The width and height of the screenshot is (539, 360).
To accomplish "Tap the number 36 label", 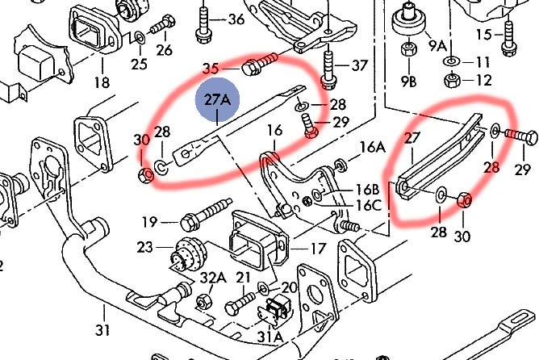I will tap(236, 19).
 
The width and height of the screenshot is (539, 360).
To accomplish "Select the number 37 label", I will tap(359, 65).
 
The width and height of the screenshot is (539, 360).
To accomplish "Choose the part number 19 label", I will tap(149, 221).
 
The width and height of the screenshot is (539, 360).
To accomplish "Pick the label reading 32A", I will tap(213, 278).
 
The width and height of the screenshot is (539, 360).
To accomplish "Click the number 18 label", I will tap(102, 82).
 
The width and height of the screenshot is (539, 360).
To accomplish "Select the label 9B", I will tap(411, 82).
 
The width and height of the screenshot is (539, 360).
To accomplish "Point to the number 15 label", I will tap(484, 34).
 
